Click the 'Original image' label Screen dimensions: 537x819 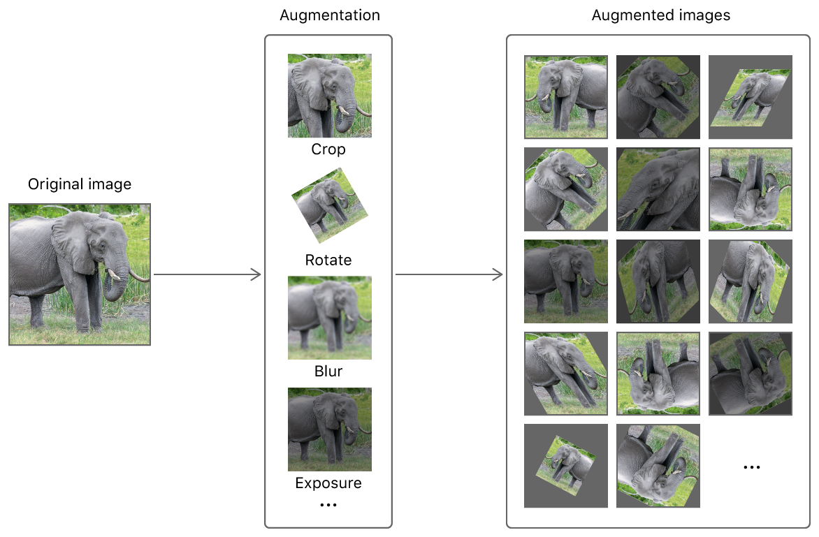point(80,184)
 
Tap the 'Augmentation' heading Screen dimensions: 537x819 point(330,15)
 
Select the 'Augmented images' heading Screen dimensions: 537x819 point(660,15)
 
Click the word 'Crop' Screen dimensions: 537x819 point(328,149)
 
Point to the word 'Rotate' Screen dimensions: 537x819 point(328,260)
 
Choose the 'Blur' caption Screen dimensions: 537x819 point(328,371)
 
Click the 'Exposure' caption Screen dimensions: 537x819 point(328,483)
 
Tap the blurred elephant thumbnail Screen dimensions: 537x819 point(329,318)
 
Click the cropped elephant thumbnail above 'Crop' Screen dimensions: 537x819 point(329,96)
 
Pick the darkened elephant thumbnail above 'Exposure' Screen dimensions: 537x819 point(329,429)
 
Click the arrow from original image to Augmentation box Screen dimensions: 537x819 point(207,275)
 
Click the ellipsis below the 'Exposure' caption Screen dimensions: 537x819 point(328,504)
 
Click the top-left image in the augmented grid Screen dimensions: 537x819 point(566,97)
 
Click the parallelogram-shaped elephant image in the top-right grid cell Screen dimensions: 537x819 point(751,98)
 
